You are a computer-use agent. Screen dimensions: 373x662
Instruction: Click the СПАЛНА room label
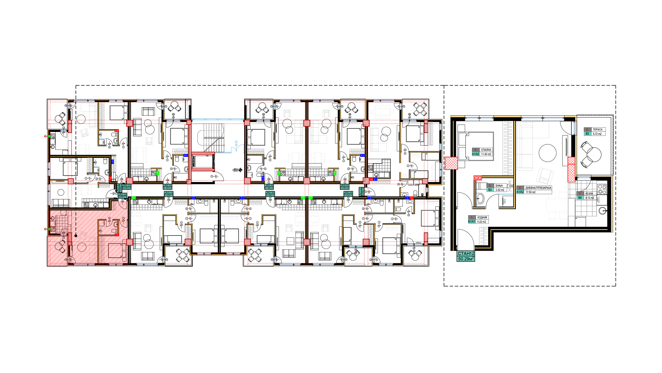[486, 150]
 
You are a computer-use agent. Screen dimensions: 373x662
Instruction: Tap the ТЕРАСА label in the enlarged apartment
[598, 130]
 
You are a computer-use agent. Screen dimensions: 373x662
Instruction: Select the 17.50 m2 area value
[530, 192]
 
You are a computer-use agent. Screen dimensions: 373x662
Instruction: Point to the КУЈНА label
[589, 194]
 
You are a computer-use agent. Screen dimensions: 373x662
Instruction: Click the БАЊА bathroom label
[499, 186]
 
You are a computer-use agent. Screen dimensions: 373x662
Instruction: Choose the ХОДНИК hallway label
[482, 218]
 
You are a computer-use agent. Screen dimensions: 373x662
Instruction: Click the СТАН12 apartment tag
[466, 254]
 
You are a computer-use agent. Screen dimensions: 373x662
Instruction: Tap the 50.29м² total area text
[466, 259]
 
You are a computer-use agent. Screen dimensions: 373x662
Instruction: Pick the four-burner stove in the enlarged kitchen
[602, 189]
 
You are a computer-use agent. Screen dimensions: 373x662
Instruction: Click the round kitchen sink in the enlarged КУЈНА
[603, 210]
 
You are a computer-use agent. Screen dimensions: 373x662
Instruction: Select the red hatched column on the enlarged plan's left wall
[451, 163]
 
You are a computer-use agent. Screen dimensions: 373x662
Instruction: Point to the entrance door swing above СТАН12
[465, 239]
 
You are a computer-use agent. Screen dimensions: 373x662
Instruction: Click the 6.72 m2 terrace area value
[597, 134]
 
